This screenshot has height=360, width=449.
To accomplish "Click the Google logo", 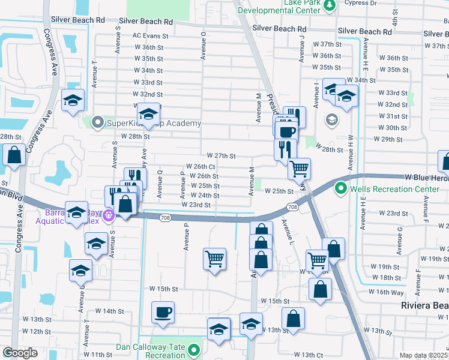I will click(20, 353).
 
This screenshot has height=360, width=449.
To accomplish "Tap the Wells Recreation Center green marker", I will click(341, 190).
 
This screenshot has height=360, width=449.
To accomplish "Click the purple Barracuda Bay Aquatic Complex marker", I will click(109, 215).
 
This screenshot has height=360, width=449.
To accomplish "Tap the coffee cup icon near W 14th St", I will click(163, 313).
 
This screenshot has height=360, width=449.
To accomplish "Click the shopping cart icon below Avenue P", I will click(214, 259).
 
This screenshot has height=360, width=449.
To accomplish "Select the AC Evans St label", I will click(152, 36).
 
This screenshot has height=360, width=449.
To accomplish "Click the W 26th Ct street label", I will click(201, 166).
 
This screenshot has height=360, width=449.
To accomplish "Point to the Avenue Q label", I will click(160, 183).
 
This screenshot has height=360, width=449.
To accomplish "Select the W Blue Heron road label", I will click(426, 178).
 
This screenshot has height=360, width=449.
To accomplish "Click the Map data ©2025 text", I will click(423, 355).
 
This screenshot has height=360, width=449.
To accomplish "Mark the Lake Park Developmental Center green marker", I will click(329, 5).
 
